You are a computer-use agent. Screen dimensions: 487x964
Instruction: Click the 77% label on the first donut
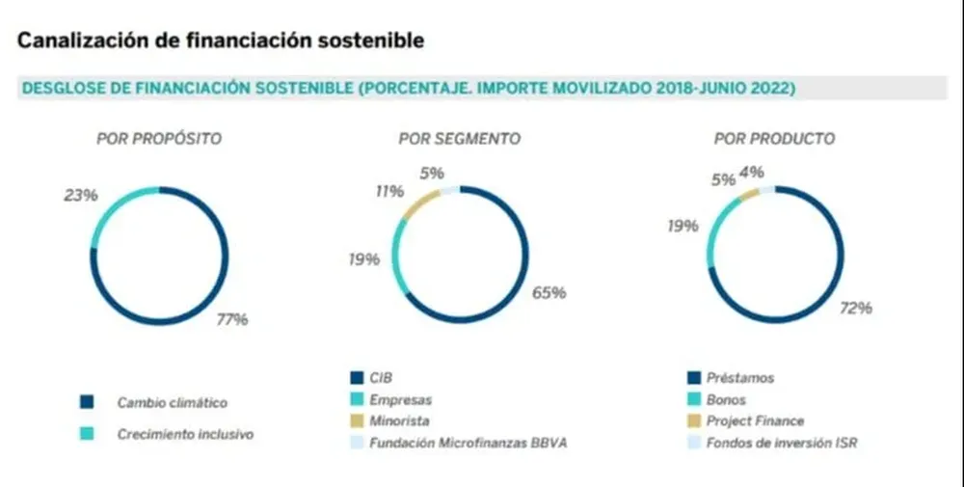click(231, 319)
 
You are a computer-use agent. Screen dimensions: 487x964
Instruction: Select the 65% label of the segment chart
click(549, 292)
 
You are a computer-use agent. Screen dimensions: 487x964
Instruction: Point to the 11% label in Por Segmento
click(389, 191)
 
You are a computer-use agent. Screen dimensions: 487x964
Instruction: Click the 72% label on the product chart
click(855, 308)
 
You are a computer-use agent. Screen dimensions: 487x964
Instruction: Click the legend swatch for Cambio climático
click(87, 402)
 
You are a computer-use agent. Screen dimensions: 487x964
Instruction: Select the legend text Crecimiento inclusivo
click(185, 434)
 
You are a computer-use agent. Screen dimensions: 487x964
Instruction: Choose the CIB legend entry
click(381, 378)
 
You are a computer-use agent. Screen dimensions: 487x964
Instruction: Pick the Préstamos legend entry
click(739, 378)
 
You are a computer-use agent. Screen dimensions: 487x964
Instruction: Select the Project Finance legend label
click(755, 421)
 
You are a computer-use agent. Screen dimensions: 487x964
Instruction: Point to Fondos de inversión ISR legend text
click(782, 444)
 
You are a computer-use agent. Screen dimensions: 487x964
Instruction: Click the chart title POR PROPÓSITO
click(159, 139)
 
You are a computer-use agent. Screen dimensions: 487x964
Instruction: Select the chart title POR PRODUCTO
click(774, 139)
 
